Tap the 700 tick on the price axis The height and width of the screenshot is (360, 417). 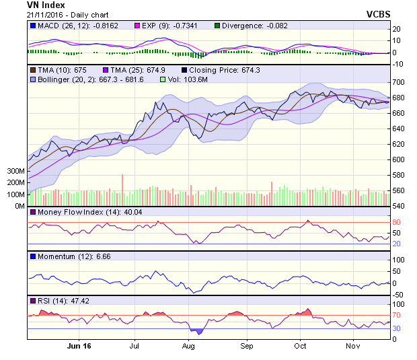click(399, 82)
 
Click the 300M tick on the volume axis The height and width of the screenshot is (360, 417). click(15, 172)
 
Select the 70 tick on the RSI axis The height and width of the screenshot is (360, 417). click(397, 315)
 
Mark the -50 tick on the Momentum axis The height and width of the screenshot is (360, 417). click(399, 295)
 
